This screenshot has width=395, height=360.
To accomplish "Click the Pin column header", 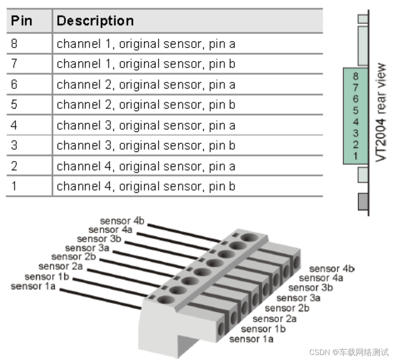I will (22, 21).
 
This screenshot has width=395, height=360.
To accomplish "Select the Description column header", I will (95, 21).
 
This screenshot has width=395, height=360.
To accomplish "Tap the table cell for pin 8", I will (15, 44).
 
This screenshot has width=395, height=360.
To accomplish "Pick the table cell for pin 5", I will (15, 105).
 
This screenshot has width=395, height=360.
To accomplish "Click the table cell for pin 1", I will (15, 186).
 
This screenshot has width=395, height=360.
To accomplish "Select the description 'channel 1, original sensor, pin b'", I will (146, 64).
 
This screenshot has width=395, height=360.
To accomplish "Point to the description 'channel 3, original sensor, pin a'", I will (146, 125).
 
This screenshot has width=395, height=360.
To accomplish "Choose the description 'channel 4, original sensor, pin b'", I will (146, 186).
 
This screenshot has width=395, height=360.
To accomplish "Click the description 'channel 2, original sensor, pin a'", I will (146, 85).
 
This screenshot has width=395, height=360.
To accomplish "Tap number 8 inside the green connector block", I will (356, 76).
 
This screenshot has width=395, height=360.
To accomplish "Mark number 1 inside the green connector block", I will (356, 156).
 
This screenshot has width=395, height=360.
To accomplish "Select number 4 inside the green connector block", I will (356, 122).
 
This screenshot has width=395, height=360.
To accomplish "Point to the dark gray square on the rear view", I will (363, 201).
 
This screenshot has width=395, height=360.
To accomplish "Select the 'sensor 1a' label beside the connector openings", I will (251, 339).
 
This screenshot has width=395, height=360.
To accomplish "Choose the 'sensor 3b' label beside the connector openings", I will (310, 287).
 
